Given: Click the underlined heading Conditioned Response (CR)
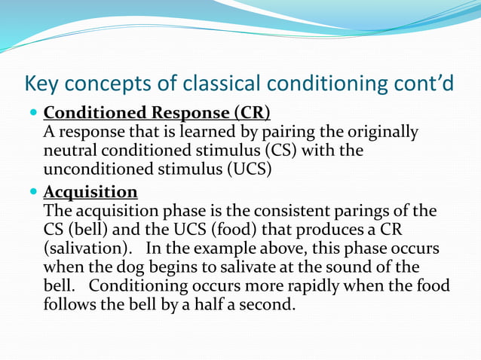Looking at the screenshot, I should pos(157,114).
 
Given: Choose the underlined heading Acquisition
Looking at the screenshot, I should pos(90,191).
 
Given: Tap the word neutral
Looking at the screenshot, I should pos(69,151).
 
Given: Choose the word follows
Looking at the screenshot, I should pos(69,305).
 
